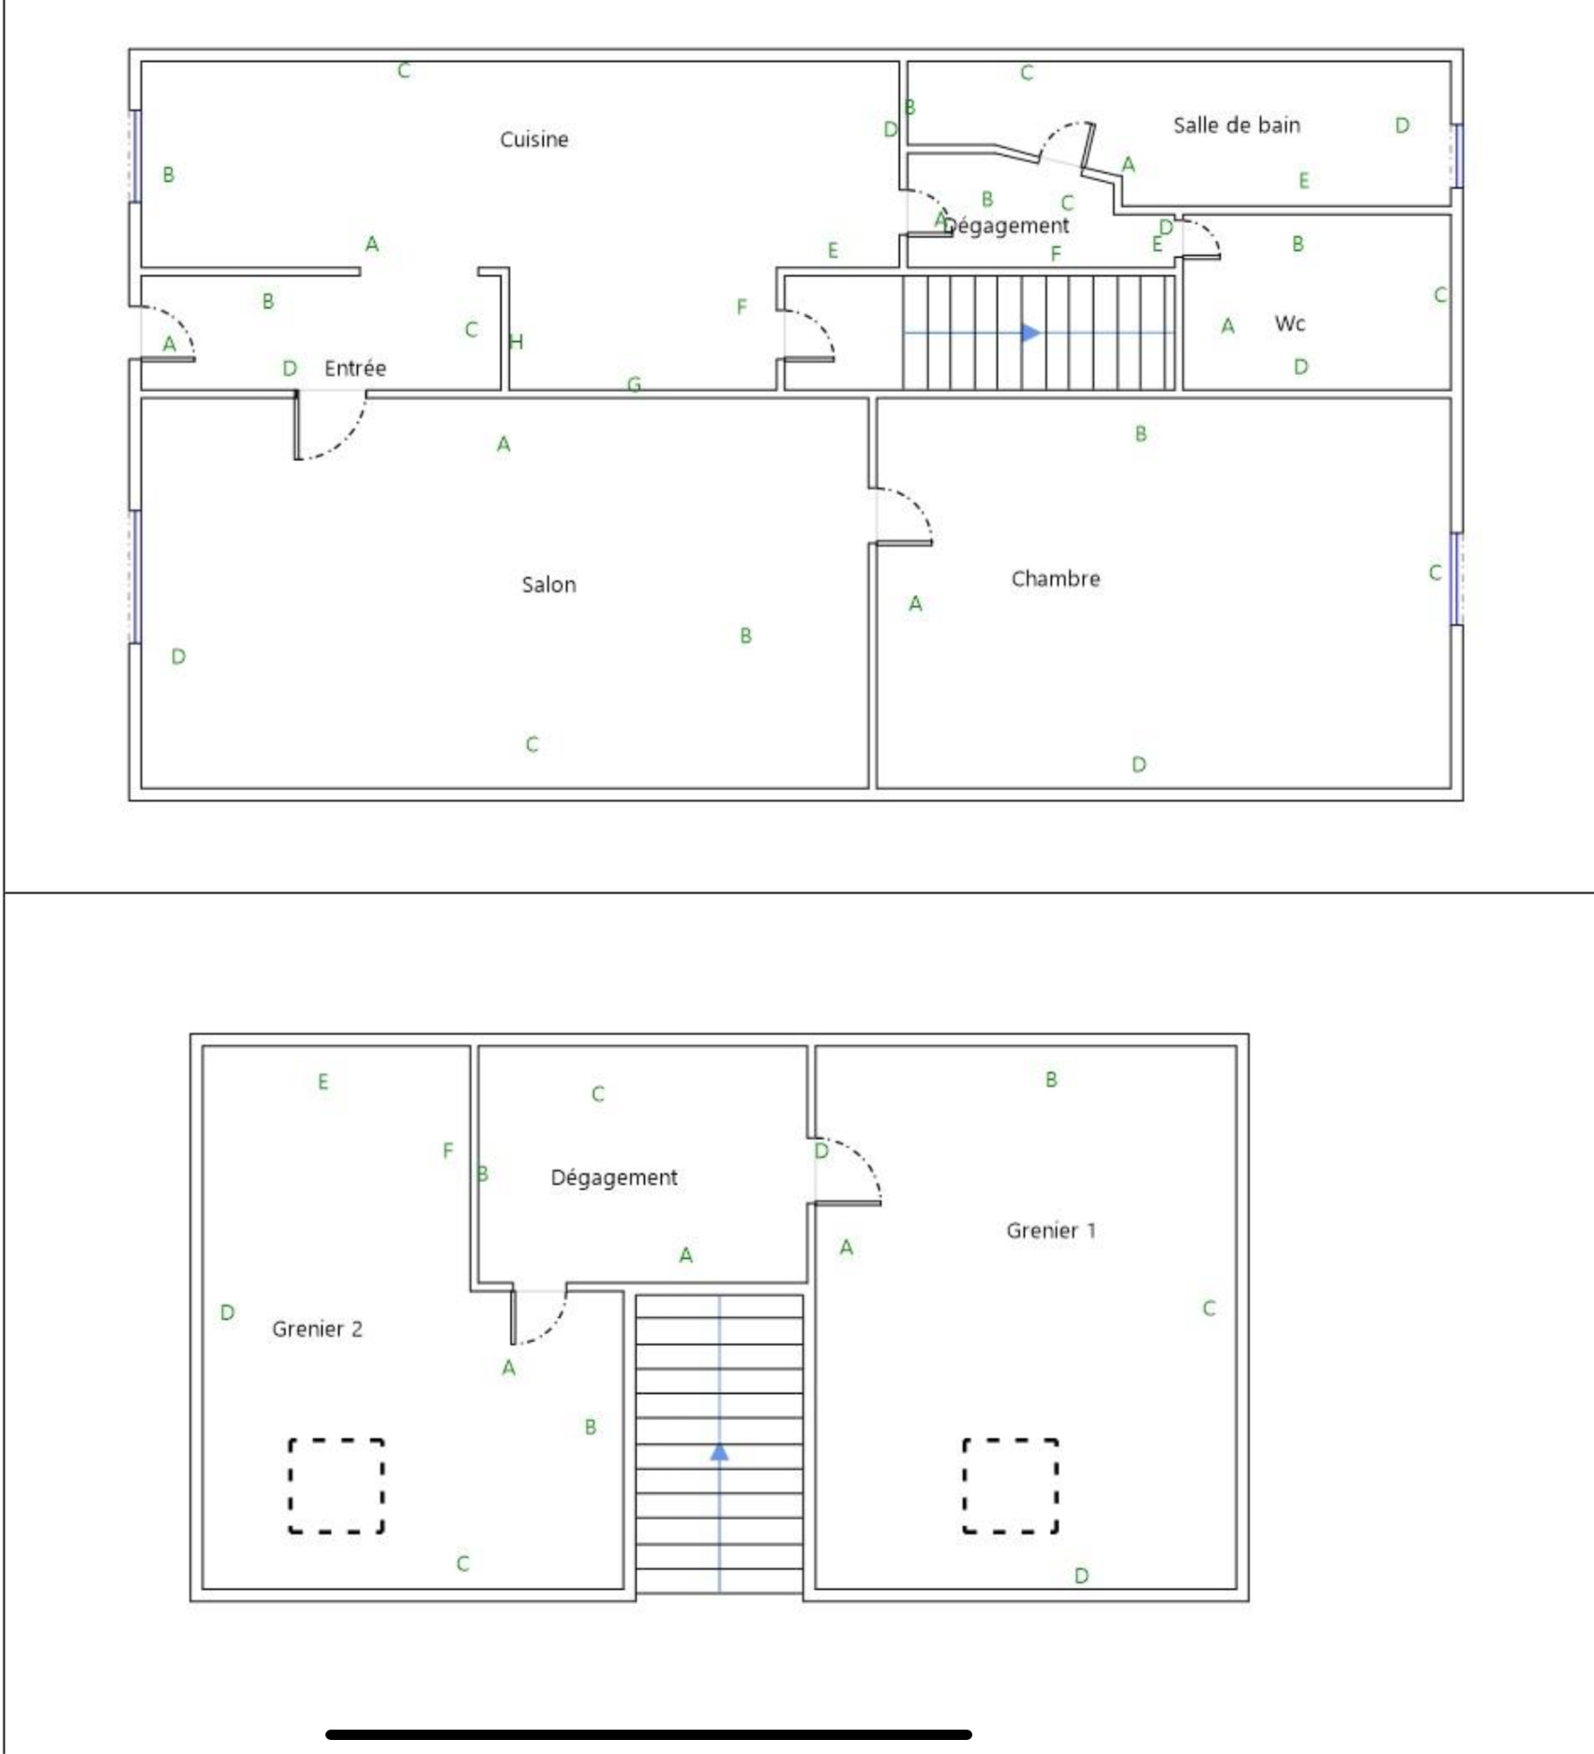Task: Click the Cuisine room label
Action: coord(534,140)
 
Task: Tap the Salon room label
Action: coord(549,585)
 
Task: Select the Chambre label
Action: coord(1055,578)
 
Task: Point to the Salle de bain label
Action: coord(1237,125)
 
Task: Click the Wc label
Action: coord(1289,323)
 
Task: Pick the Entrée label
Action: coord(354,367)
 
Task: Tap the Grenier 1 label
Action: coord(1050,1230)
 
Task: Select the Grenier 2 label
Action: coord(317,1328)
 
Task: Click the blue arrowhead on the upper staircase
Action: coord(1030,332)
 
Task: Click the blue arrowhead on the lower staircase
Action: coord(719,1452)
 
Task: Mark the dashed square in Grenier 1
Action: coord(1010,1486)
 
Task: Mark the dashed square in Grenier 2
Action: coord(336,1486)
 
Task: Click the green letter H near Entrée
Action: coord(516,341)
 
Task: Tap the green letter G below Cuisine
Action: coord(634,384)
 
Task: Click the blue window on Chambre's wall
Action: coord(1456,578)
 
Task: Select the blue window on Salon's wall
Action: coord(136,577)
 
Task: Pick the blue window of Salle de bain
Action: coord(1458,155)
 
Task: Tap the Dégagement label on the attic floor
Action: coord(613,1177)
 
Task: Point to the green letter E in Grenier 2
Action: coord(323,1082)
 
